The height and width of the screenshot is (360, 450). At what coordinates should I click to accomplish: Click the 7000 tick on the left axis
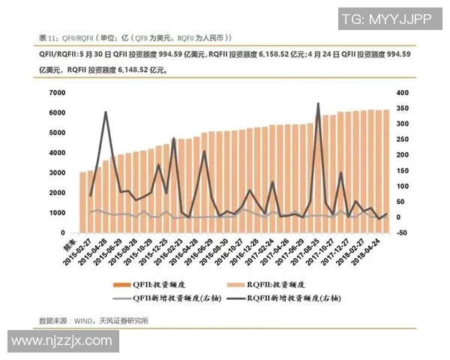pyautogui.click(x=57, y=92)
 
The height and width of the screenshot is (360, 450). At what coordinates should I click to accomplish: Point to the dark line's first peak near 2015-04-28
pyautogui.click(x=105, y=112)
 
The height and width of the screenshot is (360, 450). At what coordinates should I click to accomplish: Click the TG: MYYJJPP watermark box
pyautogui.click(x=386, y=19)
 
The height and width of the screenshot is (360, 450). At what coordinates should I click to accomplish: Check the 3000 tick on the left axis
pyautogui.click(x=57, y=172)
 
